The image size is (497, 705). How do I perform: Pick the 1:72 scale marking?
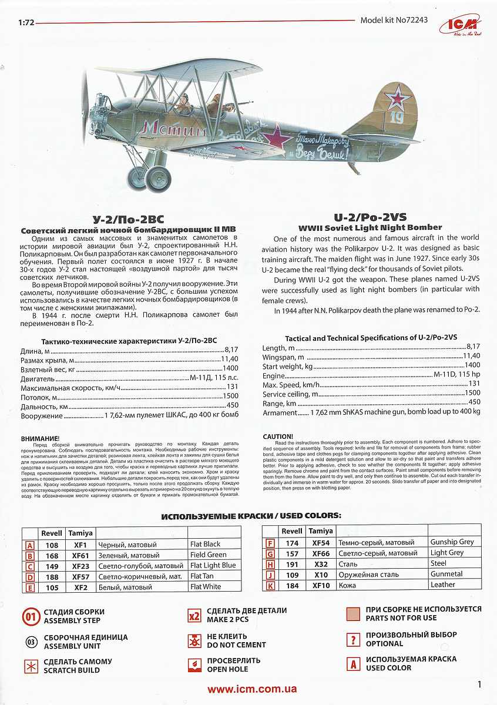(x=26, y=24)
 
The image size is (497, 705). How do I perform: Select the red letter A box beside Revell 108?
(x=29, y=545)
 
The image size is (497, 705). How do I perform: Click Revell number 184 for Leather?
(x=292, y=585)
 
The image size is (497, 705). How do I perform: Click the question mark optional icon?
(x=353, y=640)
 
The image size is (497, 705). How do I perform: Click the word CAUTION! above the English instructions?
(x=277, y=437)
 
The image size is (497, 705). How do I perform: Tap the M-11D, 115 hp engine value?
(x=456, y=375)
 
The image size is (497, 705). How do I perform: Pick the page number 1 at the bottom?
(x=479, y=684)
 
